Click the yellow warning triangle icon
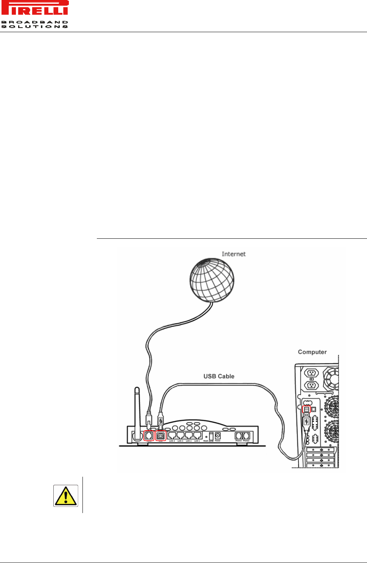coord(65,496)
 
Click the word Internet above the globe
coord(233,254)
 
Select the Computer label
coord(312,352)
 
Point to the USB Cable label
coord(219,376)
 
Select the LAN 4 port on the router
coord(172,435)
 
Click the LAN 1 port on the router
coord(197,435)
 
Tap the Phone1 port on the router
coord(238,435)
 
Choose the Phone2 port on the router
coord(246,435)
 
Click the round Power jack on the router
coord(218,435)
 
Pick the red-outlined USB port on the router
coord(161,436)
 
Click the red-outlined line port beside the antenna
coord(149,436)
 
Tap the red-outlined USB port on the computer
coord(306,409)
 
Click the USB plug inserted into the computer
coord(306,421)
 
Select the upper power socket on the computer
coord(311,373)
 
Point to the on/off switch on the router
coord(211,436)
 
